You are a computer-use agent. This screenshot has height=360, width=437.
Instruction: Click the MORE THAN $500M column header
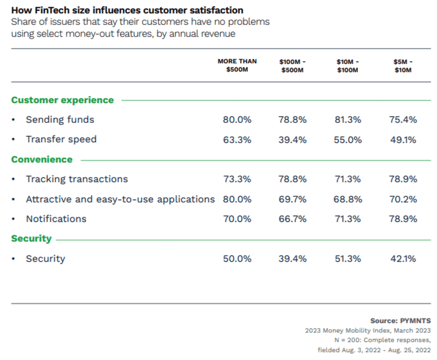(237, 65)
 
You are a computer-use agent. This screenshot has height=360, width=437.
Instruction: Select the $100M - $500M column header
(293, 65)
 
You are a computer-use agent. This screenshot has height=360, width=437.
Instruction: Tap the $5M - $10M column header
(403, 65)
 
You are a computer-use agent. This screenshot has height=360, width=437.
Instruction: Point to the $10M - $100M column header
(348, 65)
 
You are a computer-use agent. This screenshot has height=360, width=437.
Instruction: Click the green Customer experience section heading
(62, 100)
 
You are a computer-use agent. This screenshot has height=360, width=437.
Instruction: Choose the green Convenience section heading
(42, 159)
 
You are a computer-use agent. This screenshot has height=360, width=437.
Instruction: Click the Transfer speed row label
(61, 139)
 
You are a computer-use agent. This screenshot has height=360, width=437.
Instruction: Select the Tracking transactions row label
(77, 179)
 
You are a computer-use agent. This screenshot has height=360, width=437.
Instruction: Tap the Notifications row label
(56, 219)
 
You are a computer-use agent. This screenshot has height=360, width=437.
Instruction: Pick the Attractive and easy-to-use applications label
(120, 199)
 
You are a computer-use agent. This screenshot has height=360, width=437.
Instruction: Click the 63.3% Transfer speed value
(237, 140)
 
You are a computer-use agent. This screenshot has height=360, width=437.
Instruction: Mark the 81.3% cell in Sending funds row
(348, 120)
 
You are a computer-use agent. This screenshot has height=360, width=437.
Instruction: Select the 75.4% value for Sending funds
(403, 120)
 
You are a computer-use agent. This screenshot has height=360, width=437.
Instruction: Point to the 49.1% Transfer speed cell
(403, 140)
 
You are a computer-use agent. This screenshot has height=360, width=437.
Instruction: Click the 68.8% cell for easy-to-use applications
(348, 199)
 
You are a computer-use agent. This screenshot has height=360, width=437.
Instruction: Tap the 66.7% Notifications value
(293, 219)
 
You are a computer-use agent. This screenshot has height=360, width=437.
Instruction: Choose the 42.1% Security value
(403, 259)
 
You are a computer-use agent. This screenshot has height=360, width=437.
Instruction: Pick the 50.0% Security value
(237, 259)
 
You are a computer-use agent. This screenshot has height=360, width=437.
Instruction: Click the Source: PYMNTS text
(400, 321)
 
